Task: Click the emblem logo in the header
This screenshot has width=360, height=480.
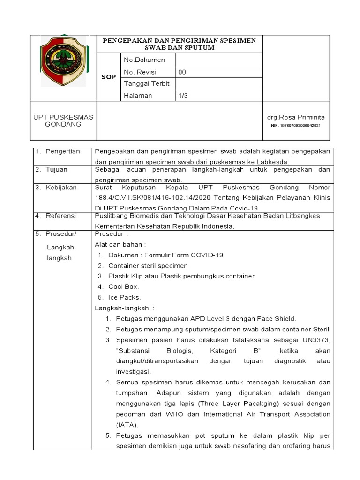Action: [63, 61]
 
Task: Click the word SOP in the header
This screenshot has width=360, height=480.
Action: [108, 77]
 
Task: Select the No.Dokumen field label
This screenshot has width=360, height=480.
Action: [144, 60]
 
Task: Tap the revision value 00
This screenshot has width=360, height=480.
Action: [182, 72]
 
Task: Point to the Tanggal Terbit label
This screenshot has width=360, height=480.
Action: [146, 84]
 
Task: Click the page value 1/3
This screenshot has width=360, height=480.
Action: [183, 95]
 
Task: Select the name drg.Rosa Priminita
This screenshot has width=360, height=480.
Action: [296, 117]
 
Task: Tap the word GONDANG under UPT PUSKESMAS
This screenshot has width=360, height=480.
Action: [63, 124]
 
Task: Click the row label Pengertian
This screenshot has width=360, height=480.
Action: [63, 151]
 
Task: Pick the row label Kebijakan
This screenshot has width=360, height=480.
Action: [61, 187]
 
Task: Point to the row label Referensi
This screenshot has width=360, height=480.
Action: [61, 216]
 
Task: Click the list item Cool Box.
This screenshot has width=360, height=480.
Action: [124, 286]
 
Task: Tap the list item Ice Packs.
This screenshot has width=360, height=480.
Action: [125, 297]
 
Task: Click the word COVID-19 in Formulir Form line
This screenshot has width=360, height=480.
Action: [206, 255]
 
